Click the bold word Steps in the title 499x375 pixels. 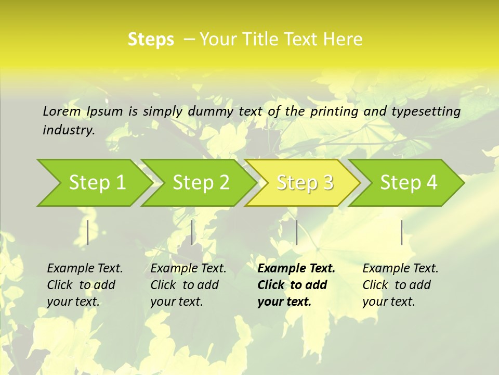tap(151, 40)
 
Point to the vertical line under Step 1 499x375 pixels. tap(88, 232)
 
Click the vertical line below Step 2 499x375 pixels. tap(192, 232)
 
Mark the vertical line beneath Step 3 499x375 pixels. tap(296, 232)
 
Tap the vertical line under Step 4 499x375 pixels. tap(401, 232)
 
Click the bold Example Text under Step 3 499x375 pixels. tap(296, 284)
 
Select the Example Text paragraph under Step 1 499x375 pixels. tap(85, 284)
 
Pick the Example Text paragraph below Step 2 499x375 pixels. tap(188, 284)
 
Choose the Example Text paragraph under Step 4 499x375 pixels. tap(400, 284)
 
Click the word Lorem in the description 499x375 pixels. tap(61, 111)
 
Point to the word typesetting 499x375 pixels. tap(425, 111)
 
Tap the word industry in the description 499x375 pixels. tap(68, 130)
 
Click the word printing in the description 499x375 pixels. tap(333, 111)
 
